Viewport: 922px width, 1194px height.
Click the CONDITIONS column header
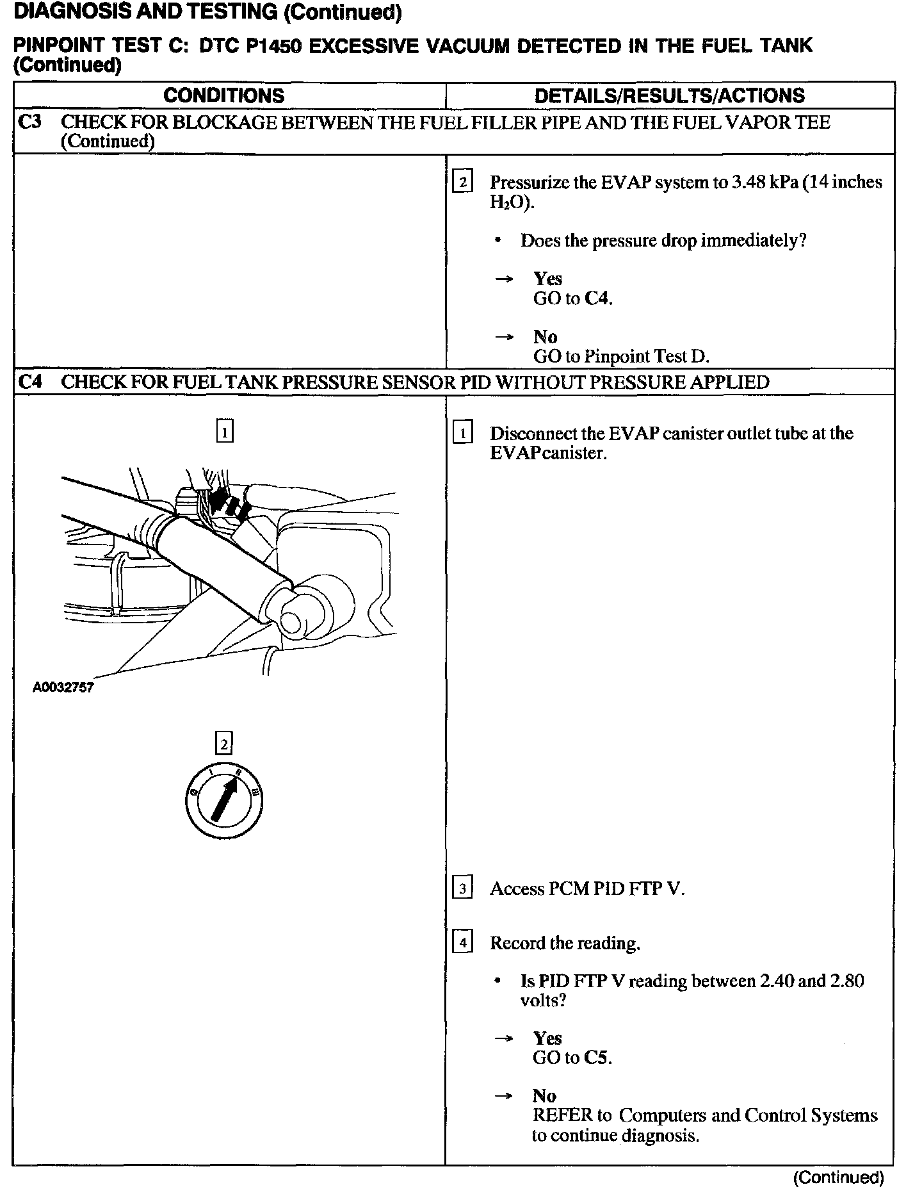223,95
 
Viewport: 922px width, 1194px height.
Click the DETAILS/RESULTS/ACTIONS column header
669,95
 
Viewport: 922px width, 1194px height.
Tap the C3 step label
29,122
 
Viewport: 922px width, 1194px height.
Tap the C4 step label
29,382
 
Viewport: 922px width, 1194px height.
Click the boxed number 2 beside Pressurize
462,183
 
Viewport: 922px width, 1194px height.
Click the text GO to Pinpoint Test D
620,356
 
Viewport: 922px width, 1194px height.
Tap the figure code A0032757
63,688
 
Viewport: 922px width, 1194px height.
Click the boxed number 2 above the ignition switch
224,743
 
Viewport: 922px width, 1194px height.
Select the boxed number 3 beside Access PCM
462,888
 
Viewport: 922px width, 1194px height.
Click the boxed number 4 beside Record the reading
462,943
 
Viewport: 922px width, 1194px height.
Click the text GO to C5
572,1058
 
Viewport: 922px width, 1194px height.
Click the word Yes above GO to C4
547,279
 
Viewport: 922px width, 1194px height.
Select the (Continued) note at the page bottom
838,1177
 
